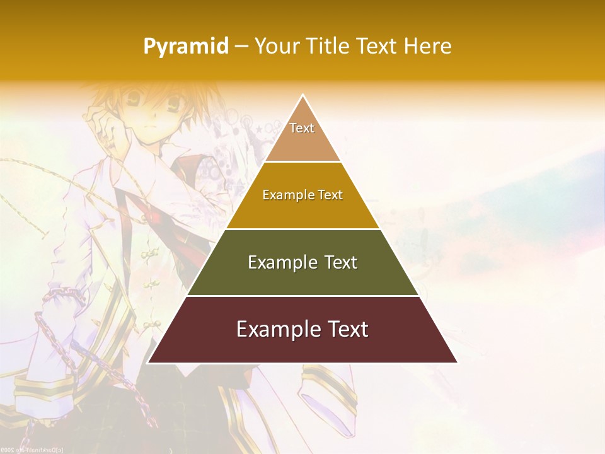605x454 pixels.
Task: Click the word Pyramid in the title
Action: tap(186, 47)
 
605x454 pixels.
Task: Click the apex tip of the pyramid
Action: tap(302, 96)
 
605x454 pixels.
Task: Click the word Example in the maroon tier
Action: tap(275, 329)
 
